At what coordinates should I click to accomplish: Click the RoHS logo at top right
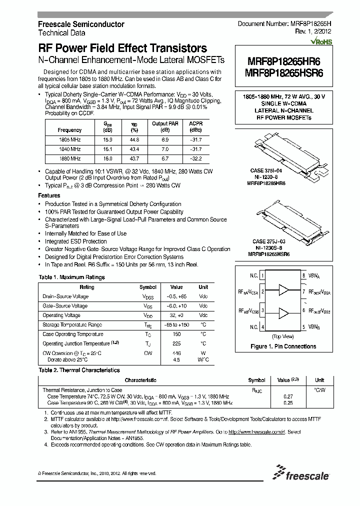click(x=321, y=42)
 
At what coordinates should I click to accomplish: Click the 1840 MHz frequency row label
click(x=70, y=149)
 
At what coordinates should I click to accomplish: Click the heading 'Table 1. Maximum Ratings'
click(x=71, y=277)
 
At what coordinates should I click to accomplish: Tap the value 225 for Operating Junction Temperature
click(x=176, y=344)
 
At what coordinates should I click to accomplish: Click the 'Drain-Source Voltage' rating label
click(x=65, y=296)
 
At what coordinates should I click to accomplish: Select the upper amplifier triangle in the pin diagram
click(x=283, y=290)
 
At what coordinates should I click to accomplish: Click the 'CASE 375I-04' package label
click(x=266, y=171)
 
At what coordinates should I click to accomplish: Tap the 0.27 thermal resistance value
click(x=288, y=396)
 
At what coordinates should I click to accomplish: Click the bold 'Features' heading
click(x=49, y=196)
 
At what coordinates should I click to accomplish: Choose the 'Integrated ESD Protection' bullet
click(x=75, y=241)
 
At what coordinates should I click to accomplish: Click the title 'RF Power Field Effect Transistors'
click(x=122, y=48)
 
